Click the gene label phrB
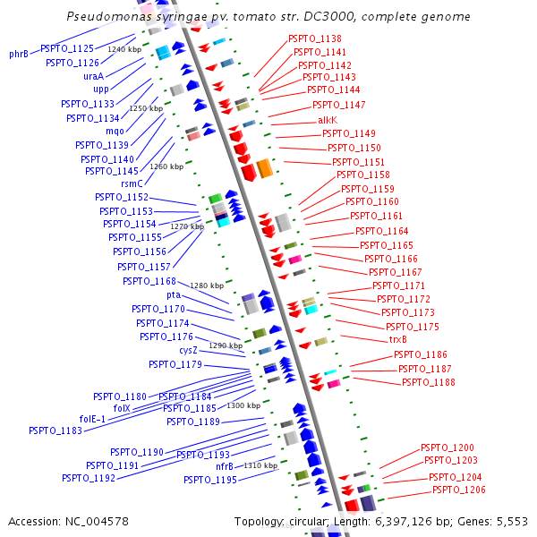19,54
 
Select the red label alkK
328,120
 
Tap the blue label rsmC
132,183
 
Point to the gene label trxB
398,339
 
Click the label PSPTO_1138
315,38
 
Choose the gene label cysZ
188,351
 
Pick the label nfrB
225,466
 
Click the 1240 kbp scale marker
124,49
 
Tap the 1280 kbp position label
207,286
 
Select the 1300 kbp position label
243,405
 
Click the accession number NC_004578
97,522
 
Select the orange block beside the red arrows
265,168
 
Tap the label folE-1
92,419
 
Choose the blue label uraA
93,76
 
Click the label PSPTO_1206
459,490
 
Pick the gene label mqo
115,132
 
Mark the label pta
174,294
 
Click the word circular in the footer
309,522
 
